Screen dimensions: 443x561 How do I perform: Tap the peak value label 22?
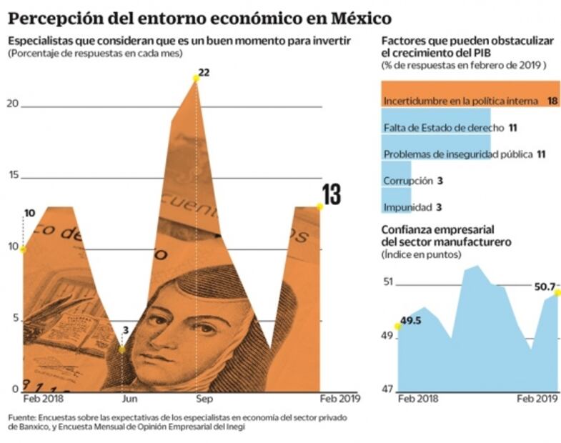point(204,73)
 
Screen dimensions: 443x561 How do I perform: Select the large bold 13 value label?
point(331,195)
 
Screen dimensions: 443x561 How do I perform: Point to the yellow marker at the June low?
point(122,349)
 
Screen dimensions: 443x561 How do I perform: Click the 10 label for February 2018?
point(29,213)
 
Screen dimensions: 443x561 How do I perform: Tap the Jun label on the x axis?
point(129,399)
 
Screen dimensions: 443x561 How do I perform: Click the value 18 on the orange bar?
point(552,101)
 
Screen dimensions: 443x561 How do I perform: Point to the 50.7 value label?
point(545,287)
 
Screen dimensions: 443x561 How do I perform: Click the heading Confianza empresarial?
point(437,229)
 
